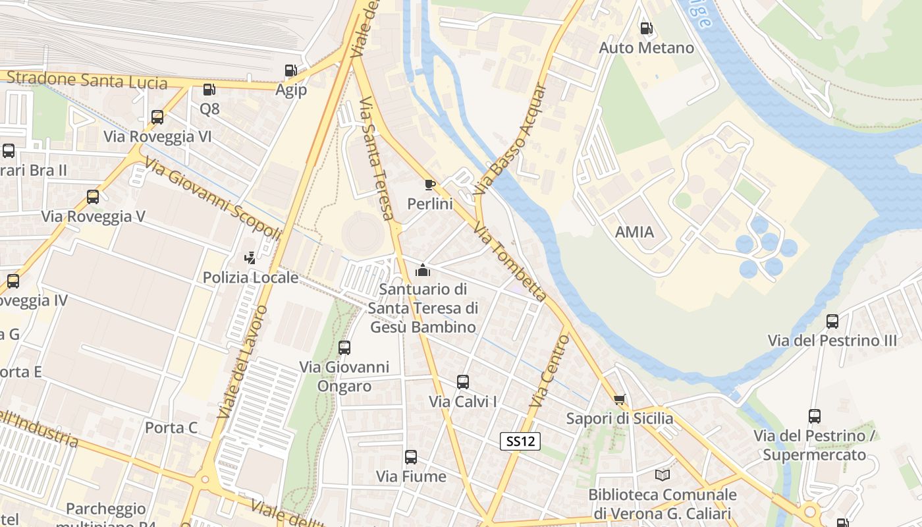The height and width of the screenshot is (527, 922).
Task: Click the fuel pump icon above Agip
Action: (x=290, y=70)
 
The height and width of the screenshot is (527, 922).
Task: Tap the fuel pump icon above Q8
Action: (x=209, y=90)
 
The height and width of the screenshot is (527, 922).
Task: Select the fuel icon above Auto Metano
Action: (x=646, y=28)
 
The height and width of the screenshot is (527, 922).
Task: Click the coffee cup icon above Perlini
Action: (x=429, y=184)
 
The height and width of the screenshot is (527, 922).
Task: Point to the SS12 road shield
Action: (x=520, y=441)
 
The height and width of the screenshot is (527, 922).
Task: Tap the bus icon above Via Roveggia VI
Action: (x=157, y=117)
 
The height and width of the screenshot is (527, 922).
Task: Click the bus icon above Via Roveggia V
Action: (x=93, y=197)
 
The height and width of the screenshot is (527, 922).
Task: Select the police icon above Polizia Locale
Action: (x=250, y=258)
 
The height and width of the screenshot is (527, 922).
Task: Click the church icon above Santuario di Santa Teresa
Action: (x=422, y=270)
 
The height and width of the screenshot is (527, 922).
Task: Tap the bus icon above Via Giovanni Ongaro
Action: (x=344, y=348)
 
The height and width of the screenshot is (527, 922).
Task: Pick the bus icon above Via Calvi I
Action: (x=463, y=382)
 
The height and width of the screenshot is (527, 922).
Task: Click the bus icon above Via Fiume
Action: (x=411, y=457)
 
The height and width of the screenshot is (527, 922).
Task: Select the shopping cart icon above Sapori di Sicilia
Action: (x=619, y=400)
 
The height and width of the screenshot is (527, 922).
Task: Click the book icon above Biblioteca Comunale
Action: (x=663, y=475)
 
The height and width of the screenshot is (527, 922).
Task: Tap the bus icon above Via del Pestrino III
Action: (x=832, y=321)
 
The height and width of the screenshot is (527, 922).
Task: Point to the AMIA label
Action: (x=634, y=232)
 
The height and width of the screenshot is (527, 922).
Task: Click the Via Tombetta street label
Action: (x=510, y=262)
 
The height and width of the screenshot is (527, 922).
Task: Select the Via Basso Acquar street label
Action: (x=511, y=138)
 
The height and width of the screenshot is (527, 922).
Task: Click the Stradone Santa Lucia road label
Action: (x=86, y=80)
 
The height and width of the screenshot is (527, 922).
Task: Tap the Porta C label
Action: (x=171, y=428)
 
